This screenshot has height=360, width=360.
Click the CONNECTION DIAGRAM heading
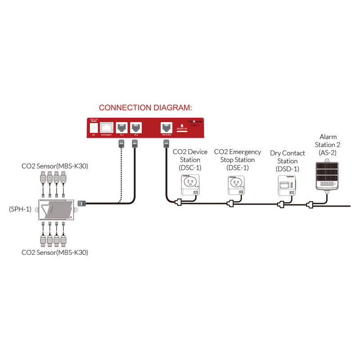pyautogui.click(x=145, y=108)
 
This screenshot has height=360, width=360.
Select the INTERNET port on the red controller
pyautogui.click(x=107, y=127)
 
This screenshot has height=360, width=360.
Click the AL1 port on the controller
pyautogui.click(x=122, y=127)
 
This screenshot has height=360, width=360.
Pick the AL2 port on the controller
pyautogui.click(x=136, y=127)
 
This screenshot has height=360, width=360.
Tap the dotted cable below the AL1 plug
pyautogui.click(x=121, y=171)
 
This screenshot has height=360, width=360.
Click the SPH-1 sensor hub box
pyautogui.click(x=54, y=209)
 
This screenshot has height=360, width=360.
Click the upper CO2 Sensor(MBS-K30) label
pyautogui.click(x=54, y=167)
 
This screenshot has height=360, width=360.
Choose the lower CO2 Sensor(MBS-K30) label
pyautogui.click(x=54, y=253)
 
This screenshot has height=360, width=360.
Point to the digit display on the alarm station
pyautogui.click(x=328, y=184)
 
